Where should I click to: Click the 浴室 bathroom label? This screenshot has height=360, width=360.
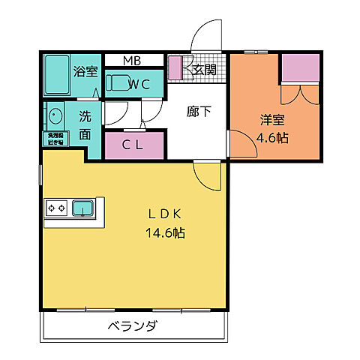85,73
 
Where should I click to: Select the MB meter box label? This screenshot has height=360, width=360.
132,60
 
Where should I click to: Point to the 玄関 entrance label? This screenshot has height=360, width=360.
203,70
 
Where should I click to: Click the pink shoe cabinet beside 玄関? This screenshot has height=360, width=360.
175,68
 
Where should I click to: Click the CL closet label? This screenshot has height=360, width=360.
133,145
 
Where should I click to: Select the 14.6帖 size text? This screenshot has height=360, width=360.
164,233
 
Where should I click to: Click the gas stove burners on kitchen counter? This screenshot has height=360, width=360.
58,207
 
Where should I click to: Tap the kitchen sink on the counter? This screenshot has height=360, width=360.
82,207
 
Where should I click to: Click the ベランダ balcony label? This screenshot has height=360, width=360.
131,326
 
